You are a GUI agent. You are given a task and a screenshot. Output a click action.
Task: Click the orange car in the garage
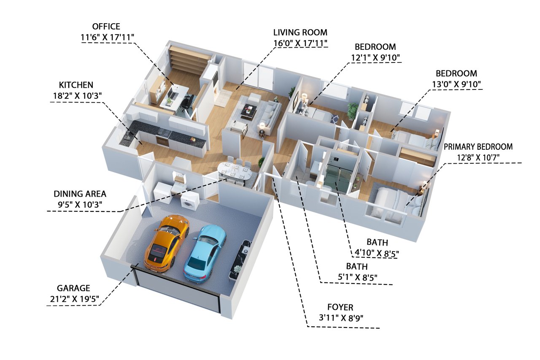(x=167, y=244)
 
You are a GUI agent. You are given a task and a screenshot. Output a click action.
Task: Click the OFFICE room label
(x=106, y=26)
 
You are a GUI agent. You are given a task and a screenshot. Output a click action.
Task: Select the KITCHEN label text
(x=76, y=85)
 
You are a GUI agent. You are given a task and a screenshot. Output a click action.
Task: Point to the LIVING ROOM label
(x=300, y=32)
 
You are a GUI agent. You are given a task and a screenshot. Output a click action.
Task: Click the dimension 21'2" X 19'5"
(x=75, y=299)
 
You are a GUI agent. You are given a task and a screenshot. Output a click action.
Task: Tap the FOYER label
(x=340, y=307)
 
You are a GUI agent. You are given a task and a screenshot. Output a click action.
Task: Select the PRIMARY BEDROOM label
(x=478, y=146)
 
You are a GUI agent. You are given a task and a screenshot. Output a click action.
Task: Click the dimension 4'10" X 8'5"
(x=377, y=253)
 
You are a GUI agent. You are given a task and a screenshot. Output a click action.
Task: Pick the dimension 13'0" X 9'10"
(x=456, y=84)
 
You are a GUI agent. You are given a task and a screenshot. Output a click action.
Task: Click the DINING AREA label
(x=80, y=194)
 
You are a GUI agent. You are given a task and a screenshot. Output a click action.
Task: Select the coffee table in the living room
(x=249, y=111)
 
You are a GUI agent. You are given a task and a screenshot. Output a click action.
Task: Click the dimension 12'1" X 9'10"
(x=375, y=58)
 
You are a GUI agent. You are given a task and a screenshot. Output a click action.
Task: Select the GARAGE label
(x=73, y=288)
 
